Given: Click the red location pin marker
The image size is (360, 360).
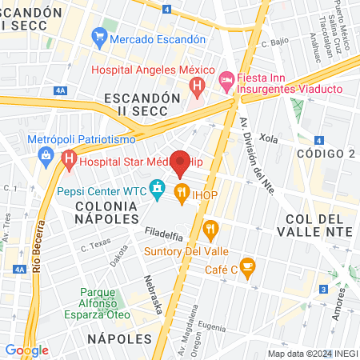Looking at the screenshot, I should point(182,163).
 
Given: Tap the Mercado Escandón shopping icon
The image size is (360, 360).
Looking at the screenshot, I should point(99,38).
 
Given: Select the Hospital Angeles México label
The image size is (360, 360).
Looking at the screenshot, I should point(149,70).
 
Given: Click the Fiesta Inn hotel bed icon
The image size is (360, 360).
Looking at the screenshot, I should point(227,79).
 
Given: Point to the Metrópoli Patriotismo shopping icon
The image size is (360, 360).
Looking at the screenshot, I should point(46,154).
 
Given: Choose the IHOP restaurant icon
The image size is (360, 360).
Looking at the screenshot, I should point(182,192).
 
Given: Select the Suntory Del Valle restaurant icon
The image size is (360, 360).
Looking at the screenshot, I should point(211,230).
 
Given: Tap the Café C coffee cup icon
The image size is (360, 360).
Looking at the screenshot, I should point(247,266).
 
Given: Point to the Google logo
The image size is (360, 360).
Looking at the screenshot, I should point(26,350).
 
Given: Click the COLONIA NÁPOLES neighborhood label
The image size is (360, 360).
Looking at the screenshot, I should point(103,212).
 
